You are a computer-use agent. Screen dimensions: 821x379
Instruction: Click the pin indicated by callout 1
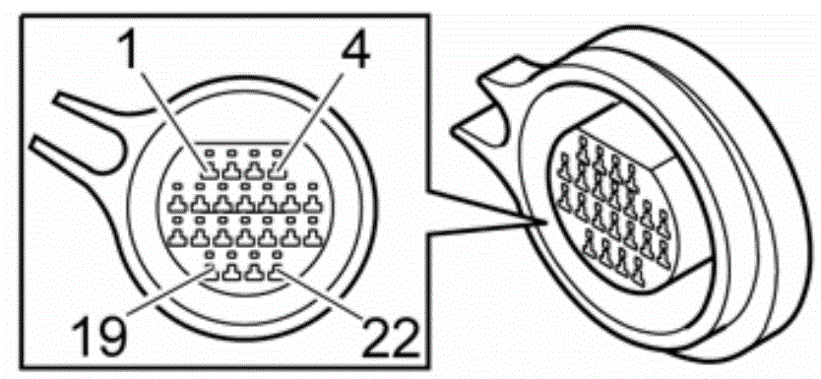[211, 170]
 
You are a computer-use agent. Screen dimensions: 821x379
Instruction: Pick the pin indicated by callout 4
[279, 170]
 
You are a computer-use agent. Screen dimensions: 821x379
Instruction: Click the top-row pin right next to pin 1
[233, 170]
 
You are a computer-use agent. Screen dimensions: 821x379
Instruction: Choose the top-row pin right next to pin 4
[256, 170]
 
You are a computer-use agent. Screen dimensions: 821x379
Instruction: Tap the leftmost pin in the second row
[177, 203]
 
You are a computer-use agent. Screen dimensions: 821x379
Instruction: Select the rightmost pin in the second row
[312, 203]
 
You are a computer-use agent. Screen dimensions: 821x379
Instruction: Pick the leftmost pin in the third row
[177, 236]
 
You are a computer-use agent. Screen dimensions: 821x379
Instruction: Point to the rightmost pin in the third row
[312, 236]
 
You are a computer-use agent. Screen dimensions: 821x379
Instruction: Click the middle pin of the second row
[245, 203]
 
